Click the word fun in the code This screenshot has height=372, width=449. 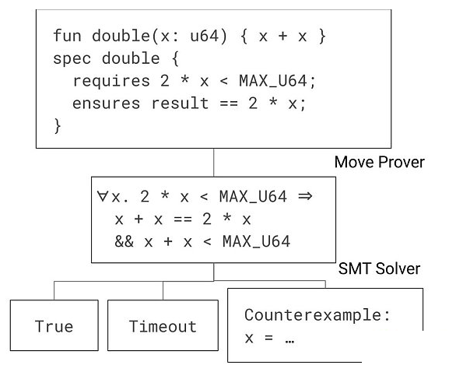[x=67, y=36]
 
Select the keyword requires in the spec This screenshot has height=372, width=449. [x=111, y=81]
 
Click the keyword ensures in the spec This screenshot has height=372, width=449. [x=107, y=104]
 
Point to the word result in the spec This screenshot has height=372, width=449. [x=180, y=103]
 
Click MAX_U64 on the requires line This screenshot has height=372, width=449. [x=273, y=81]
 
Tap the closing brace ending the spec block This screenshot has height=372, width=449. [x=58, y=126]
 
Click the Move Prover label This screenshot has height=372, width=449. [x=380, y=162]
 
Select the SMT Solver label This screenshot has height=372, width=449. [x=379, y=268]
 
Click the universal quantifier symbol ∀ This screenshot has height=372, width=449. [x=102, y=196]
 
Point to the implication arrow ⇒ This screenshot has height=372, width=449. [x=305, y=196]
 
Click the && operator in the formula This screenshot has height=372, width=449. [x=124, y=241]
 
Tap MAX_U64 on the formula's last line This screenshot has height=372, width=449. [x=257, y=241]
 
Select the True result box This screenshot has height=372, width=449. [x=54, y=325]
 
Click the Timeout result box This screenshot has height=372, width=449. [x=163, y=325]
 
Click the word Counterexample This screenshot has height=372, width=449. [x=314, y=315]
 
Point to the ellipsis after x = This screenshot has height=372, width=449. [x=289, y=342]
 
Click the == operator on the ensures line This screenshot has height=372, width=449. [x=229, y=104]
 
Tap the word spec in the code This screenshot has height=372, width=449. [x=72, y=59]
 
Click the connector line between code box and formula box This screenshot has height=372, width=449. [x=214, y=163]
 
